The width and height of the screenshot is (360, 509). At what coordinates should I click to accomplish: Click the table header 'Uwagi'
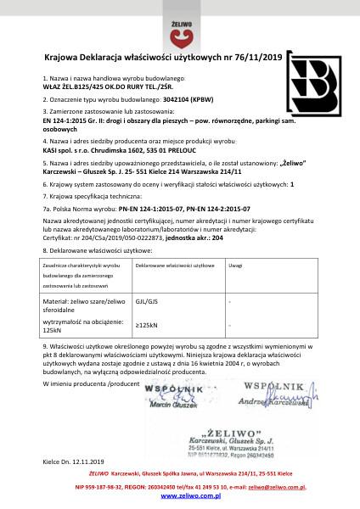pos(236,266)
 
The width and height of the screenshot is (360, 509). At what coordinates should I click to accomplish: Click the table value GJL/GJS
pos(147,300)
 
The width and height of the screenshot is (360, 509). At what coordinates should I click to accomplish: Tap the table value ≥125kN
pos(147,324)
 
